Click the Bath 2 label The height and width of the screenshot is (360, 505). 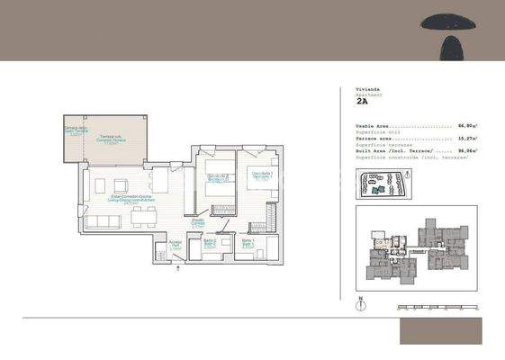(x=208, y=242)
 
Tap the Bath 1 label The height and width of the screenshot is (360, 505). (x=247, y=242)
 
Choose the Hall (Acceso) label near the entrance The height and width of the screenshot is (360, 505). (x=176, y=244)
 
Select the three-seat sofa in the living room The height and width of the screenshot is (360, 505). (x=99, y=220)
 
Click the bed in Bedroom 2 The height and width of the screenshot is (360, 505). (x=215, y=192)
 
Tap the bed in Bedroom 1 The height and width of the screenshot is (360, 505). (x=262, y=190)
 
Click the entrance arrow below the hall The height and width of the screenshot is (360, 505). (x=183, y=265)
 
